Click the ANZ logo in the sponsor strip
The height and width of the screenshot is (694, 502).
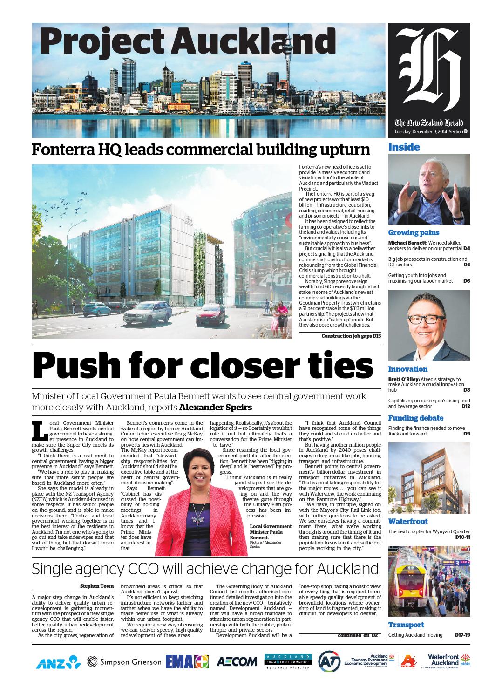pos(58,662)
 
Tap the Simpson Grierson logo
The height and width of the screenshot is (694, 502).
pos(124,662)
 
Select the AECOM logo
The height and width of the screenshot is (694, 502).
pos(237,662)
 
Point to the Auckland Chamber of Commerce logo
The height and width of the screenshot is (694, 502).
pos(287,662)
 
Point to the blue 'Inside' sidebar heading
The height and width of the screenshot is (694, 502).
pos(404,148)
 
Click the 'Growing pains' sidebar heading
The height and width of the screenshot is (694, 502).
pos(414,232)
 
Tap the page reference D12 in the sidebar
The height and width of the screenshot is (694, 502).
pos(465,407)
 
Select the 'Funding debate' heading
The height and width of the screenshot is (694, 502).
pos(415,418)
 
